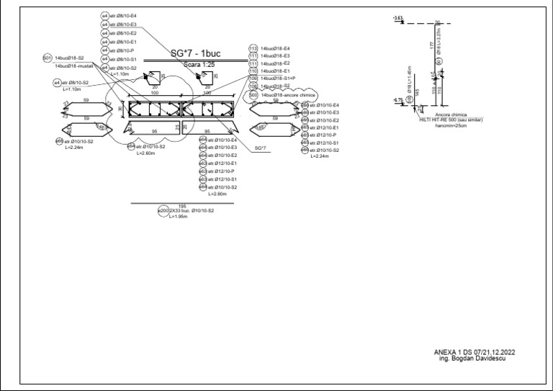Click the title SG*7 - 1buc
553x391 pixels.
coord(195,54)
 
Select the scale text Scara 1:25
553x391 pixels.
coord(195,64)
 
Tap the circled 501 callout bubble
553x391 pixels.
coord(48,58)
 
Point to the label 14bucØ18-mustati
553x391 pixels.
coord(70,66)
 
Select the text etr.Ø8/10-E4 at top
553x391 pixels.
coord(123,16)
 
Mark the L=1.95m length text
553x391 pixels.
coord(179,216)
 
